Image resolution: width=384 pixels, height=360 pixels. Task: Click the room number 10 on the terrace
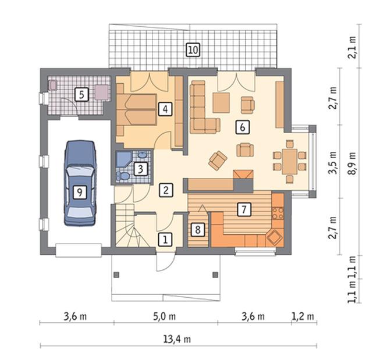pos(193,50)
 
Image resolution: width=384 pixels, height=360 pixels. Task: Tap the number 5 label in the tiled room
pos(81,95)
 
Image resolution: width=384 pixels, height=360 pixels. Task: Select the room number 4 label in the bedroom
pos(165,109)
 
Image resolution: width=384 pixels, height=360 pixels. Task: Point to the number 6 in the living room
pos(243,127)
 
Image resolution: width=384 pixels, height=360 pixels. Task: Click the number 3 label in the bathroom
pos(140,169)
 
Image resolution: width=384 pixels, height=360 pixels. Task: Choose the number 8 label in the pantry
pos(198,230)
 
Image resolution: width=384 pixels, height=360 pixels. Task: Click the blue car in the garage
pos(80,183)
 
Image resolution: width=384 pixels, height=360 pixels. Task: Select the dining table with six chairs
pos(290,161)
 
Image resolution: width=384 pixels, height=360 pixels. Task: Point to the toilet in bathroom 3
pos(123,176)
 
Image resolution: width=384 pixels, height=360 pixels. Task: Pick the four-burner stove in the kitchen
pos(278,213)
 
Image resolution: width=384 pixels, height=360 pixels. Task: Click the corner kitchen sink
pos(274,237)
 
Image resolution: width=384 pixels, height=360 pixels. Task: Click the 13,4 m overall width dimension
pos(177,339)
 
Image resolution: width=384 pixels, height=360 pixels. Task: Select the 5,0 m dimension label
pos(165,316)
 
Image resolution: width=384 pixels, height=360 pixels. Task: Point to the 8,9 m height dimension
pos(351,163)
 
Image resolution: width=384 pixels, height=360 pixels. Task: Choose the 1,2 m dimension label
pos(303,316)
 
